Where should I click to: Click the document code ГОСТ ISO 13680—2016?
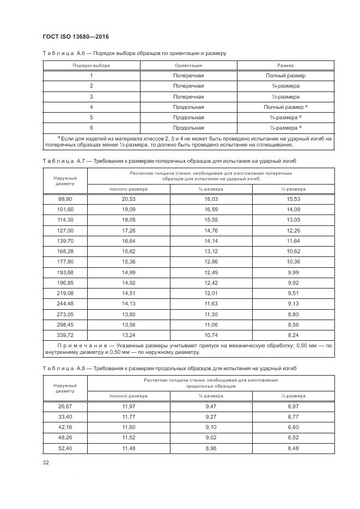75,36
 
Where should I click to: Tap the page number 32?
46,463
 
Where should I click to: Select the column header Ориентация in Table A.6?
188,65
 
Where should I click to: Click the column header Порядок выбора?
91,65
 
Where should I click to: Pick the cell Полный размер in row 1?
285,76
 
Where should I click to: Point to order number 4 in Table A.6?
91,107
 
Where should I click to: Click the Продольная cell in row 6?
188,127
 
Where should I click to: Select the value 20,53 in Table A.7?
129,200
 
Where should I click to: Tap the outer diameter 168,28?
65,252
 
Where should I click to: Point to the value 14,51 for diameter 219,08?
129,293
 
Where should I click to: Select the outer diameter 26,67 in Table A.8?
65,407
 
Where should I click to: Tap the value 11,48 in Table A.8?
129,448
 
